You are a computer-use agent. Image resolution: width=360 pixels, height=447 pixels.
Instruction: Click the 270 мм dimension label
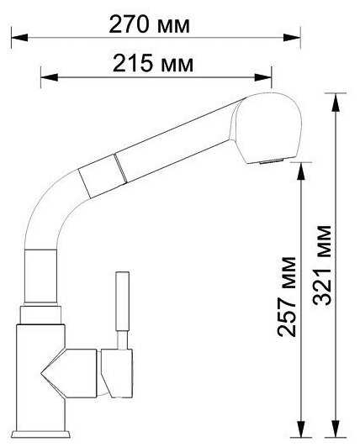[x=150, y=24]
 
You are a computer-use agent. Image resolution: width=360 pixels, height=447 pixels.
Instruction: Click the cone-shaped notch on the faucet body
[x=56, y=370]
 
